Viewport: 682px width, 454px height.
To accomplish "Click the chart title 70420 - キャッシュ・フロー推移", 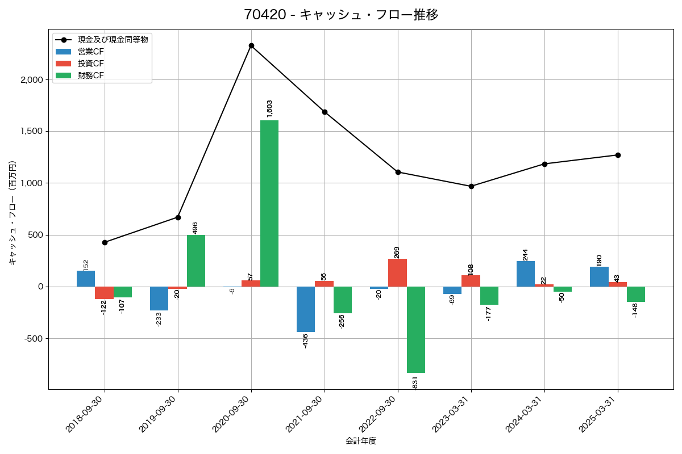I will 341,15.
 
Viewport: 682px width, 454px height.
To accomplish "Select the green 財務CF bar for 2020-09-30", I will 269,203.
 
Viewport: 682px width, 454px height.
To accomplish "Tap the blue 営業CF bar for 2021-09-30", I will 306,309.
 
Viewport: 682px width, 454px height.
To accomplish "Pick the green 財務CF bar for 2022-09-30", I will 416,330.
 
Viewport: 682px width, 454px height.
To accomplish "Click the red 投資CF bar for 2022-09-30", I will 397,273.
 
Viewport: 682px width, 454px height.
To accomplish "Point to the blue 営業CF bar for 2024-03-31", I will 526,274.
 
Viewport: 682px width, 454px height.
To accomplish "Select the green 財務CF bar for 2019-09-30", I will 196,261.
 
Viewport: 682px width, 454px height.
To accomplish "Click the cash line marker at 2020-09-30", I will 251,45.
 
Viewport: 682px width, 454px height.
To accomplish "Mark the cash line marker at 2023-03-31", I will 471,186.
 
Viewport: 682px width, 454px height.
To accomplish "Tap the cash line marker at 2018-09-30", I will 105,242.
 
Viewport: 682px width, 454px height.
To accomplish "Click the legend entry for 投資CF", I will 91,64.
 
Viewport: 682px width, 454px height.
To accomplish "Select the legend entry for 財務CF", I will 91,75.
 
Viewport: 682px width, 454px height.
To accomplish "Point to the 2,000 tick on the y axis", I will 32,80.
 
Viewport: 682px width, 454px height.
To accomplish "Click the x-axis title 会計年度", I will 361,441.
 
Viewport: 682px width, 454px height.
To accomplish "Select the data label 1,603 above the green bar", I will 269,108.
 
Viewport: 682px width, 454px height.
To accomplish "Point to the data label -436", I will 306,340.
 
